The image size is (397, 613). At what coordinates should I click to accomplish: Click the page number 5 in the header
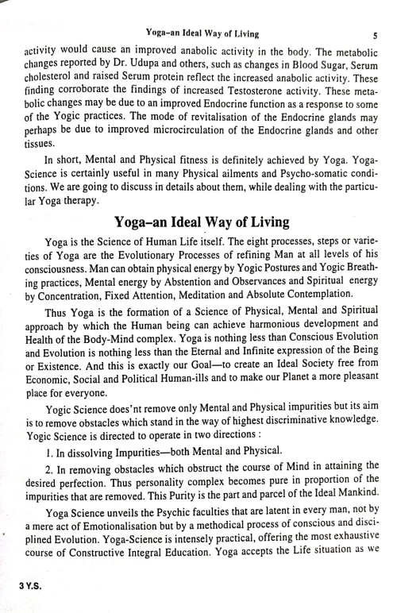pos(374,33)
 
